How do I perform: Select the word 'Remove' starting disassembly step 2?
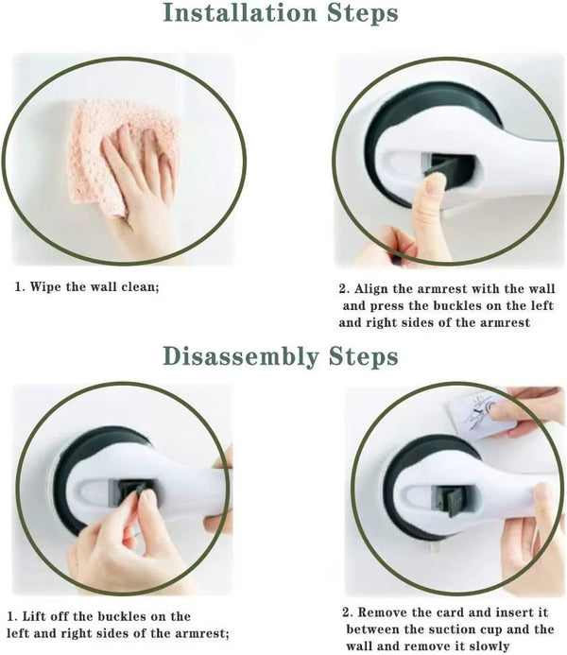tap(382, 612)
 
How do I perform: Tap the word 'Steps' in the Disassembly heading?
tap(359, 356)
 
